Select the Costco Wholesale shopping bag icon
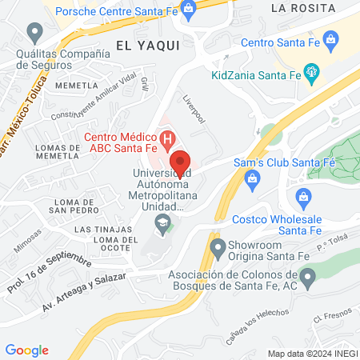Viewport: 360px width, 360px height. click(303, 197)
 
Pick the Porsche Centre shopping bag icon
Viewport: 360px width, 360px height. click(188, 10)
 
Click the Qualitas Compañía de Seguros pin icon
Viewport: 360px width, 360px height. click(34, 33)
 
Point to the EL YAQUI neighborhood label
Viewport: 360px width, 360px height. click(146, 45)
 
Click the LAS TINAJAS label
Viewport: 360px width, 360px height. click(98, 230)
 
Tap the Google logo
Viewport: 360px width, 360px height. click(26, 350)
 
